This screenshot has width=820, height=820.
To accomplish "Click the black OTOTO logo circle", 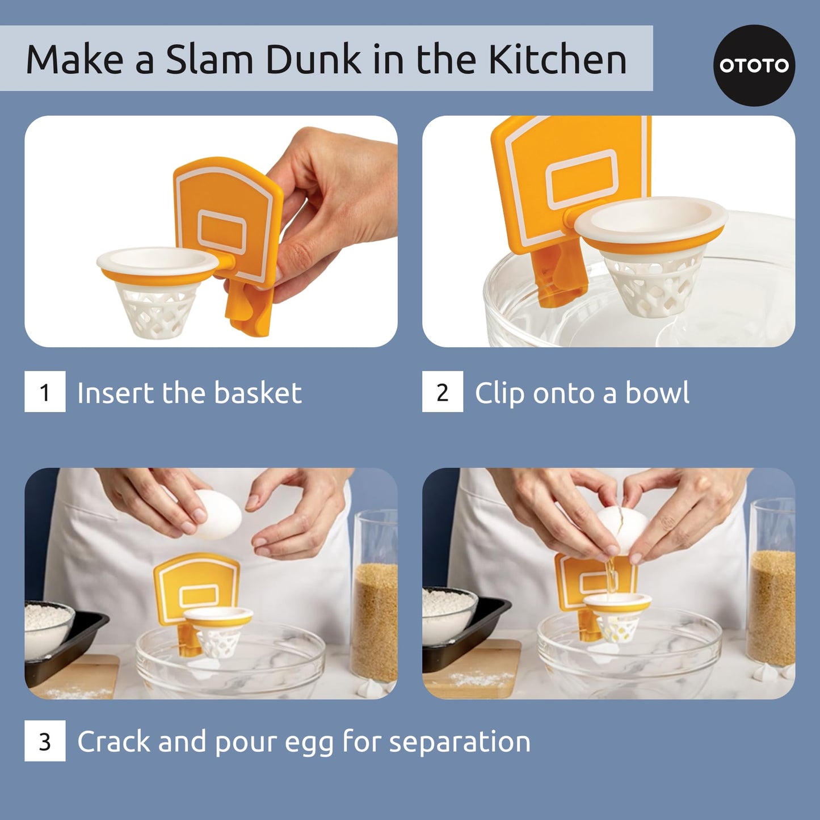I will [x=754, y=65].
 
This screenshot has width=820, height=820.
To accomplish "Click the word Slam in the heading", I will [x=208, y=60].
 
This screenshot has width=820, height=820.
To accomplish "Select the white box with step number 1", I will [x=45, y=392].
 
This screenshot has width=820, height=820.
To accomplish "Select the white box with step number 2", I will [x=443, y=392].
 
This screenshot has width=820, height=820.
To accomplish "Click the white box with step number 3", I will [x=45, y=741].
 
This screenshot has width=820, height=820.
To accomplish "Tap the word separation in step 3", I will [x=460, y=742].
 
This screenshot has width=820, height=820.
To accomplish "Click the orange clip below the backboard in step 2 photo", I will [x=559, y=278].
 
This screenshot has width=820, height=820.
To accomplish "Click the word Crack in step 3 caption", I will [x=113, y=742].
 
